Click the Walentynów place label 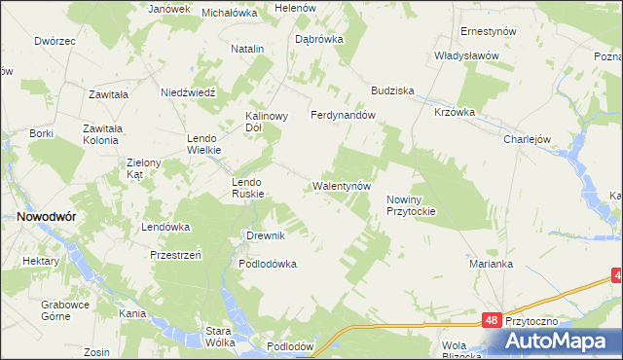tap(342, 185)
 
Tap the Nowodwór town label tap(40, 218)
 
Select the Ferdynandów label tap(343, 115)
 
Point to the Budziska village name tap(392, 90)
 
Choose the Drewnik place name tap(265, 235)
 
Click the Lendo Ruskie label tap(247, 188)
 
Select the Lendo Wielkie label tap(205, 144)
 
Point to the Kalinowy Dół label tap(267, 121)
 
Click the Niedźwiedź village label tap(187, 92)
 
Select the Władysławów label tap(466, 55)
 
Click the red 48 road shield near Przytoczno tap(495, 319)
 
